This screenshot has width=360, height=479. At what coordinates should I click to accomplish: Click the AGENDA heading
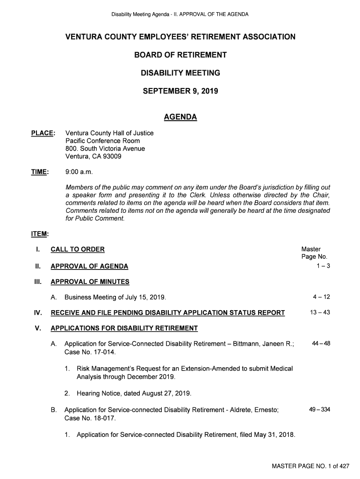pyautogui.click(x=180, y=117)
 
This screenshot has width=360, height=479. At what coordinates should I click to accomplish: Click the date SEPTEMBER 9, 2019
pyautogui.click(x=180, y=91)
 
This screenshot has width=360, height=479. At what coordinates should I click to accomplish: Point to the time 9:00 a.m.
pyautogui.click(x=79, y=172)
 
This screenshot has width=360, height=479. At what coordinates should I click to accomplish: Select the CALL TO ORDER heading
pyautogui.click(x=78, y=249)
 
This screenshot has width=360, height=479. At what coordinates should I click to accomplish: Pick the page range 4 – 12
pyautogui.click(x=321, y=297)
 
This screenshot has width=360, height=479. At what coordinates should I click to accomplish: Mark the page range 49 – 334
pyautogui.click(x=319, y=410)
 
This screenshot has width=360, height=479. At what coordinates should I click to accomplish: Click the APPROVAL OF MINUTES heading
pyautogui.click(x=90, y=282)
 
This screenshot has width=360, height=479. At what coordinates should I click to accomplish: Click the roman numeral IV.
pyautogui.click(x=39, y=313)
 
